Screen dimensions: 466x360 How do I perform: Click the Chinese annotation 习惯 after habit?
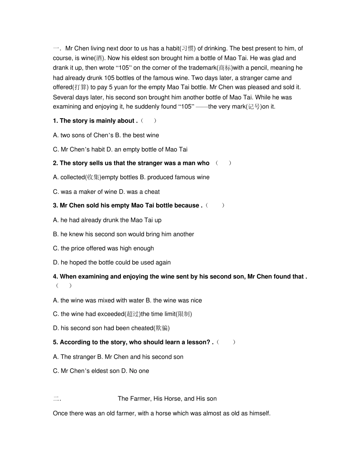(x=188, y=48)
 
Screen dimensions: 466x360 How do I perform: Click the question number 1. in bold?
(x=56, y=121)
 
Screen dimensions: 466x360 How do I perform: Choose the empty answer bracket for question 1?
(x=148, y=121)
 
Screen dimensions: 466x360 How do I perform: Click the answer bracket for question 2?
(x=223, y=163)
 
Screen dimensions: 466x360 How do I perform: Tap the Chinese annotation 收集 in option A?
(x=94, y=177)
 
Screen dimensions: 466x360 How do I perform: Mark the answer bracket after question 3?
(x=215, y=205)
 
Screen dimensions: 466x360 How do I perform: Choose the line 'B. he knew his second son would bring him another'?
(x=124, y=234)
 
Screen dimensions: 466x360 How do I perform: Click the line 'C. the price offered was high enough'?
(x=103, y=249)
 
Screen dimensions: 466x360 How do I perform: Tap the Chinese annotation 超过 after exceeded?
(x=133, y=314)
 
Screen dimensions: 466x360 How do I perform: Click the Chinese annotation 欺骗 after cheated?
(x=161, y=328)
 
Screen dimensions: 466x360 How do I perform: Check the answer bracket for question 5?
(x=226, y=342)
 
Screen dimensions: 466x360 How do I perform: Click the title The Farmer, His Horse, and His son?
(x=167, y=399)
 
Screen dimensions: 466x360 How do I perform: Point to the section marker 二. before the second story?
(x=57, y=399)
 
